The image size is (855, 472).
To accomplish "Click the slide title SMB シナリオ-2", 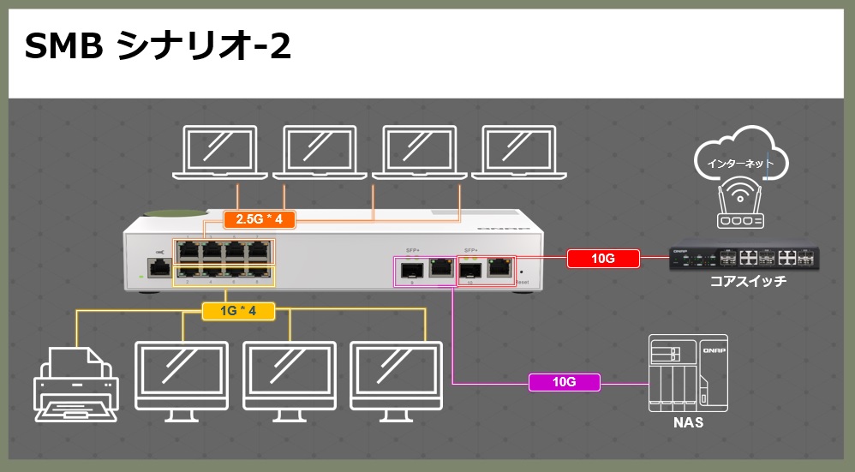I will (158, 48).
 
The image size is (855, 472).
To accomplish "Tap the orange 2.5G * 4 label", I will (259, 219).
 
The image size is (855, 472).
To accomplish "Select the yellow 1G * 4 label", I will (239, 310).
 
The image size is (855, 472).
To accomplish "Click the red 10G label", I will (603, 257).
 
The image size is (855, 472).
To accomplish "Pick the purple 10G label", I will (565, 382).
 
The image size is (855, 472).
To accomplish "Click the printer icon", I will (75, 384).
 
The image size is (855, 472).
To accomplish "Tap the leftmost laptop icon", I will (220, 152).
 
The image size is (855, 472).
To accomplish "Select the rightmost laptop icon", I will (518, 152).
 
